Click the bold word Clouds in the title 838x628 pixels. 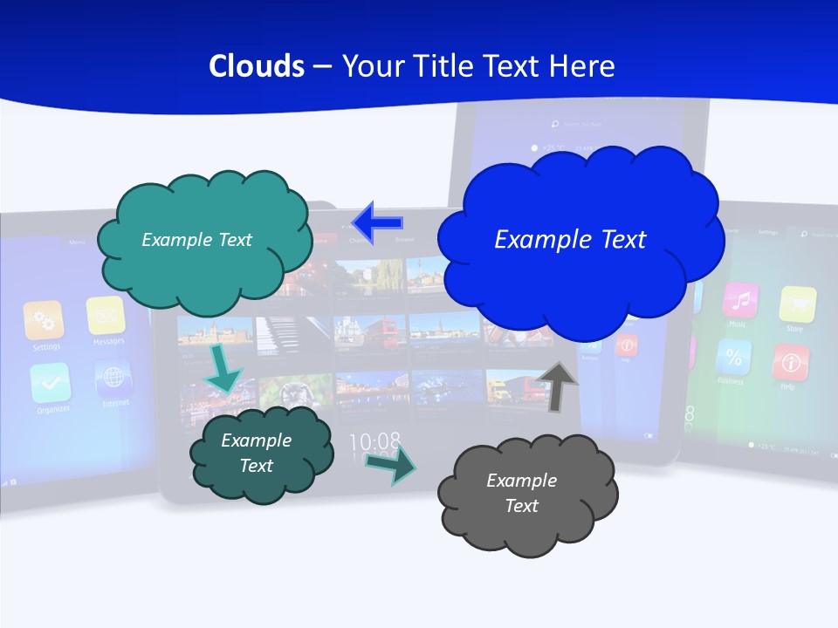pos(257,66)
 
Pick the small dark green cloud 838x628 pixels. pos(259,454)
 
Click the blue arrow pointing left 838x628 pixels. pos(378,222)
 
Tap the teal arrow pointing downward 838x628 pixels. pos(223,367)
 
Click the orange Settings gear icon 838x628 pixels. pos(45,320)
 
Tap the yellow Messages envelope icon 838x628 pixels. pos(106,315)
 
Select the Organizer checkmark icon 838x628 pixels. pos(51,382)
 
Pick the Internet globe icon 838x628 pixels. pos(113,378)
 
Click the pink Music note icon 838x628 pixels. pos(740,300)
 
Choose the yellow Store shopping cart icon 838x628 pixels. pos(797,304)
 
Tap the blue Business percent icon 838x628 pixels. pos(733,356)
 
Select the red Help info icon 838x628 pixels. pos(791,362)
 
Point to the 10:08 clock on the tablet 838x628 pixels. pos(374,441)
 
